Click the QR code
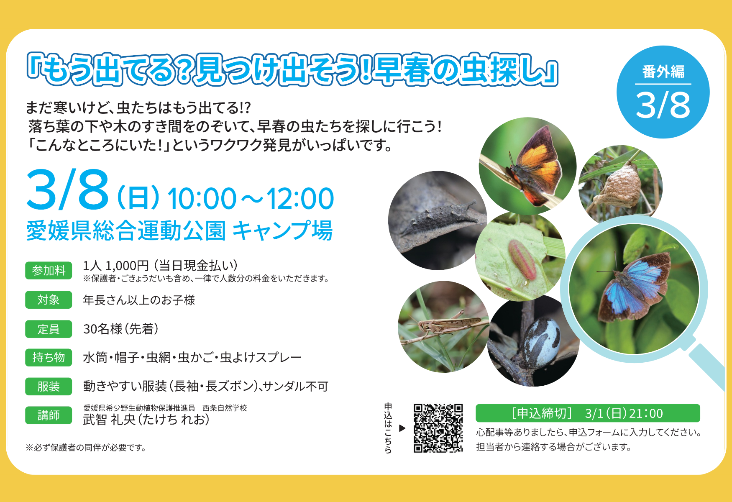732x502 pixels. coord(438,428)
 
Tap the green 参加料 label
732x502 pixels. coord(49,271)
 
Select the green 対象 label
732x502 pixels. coord(49,300)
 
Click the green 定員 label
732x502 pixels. coord(49,329)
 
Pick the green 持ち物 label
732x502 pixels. coord(49,357)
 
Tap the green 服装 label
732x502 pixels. coord(49,387)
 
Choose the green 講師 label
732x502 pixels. coord(49,415)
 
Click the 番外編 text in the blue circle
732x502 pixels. coord(663,72)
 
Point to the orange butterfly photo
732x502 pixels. coord(528,166)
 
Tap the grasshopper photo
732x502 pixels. coord(443,327)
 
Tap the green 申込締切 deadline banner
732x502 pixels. coord(588,413)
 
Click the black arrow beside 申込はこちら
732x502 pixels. coord(402,428)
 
